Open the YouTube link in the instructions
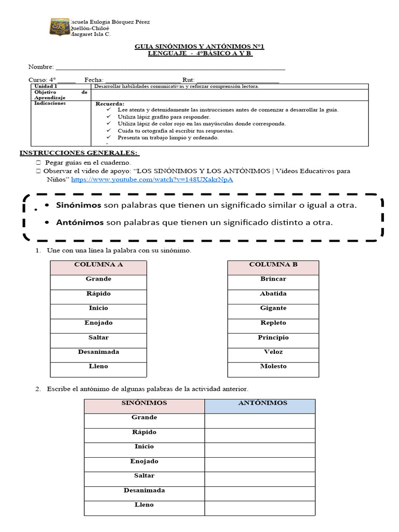click(152, 179)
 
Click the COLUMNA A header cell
click(99, 264)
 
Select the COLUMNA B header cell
click(273, 264)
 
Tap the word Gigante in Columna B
click(273, 308)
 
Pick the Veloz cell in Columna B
click(273, 352)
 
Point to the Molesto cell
click(273, 366)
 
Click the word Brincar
click(273, 279)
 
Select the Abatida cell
click(273, 294)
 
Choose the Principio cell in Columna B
click(273, 337)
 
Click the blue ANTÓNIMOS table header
click(260, 403)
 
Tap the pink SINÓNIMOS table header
click(144, 403)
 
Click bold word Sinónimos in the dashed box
click(79, 206)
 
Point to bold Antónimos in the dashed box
click(80, 223)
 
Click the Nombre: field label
click(41, 67)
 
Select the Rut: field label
click(188, 79)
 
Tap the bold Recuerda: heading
click(110, 104)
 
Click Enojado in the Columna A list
click(99, 323)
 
